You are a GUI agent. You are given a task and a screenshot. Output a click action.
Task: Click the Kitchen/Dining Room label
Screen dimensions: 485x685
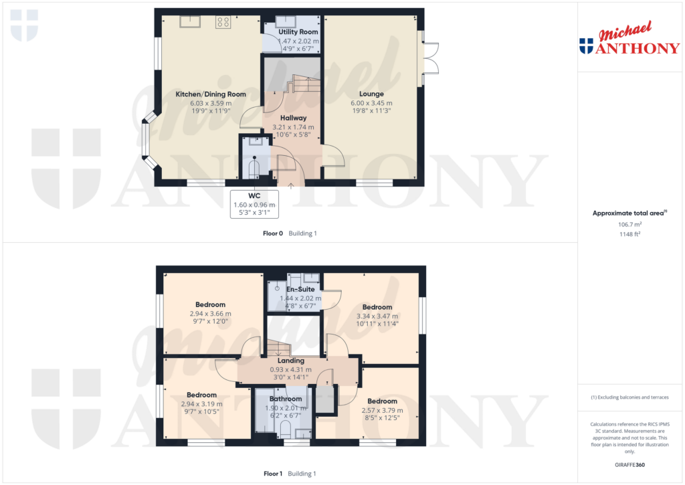pyautogui.click(x=211, y=94)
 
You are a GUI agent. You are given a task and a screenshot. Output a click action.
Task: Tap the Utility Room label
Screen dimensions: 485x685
pyautogui.click(x=298, y=32)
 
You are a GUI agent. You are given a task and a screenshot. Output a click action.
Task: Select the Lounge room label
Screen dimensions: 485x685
pyautogui.click(x=371, y=94)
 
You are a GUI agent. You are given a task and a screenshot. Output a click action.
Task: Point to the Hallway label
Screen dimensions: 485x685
pyautogui.click(x=294, y=118)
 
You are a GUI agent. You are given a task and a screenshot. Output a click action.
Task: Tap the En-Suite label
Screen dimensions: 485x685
pyautogui.click(x=296, y=290)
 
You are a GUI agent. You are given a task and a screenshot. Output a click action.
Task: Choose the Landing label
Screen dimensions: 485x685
pyautogui.click(x=291, y=361)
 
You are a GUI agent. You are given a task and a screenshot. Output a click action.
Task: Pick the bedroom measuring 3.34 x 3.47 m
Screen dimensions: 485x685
pyautogui.click(x=377, y=308)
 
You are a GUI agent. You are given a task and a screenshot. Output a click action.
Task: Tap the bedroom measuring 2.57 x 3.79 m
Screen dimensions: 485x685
pyautogui.click(x=382, y=401)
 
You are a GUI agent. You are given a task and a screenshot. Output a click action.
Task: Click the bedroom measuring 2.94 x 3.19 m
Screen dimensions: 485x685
pyautogui.click(x=201, y=395)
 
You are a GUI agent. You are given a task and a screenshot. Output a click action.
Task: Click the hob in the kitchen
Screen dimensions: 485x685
pyautogui.click(x=223, y=23)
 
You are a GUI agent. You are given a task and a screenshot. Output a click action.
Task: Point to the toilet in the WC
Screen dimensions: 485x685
pyautogui.click(x=254, y=168)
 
